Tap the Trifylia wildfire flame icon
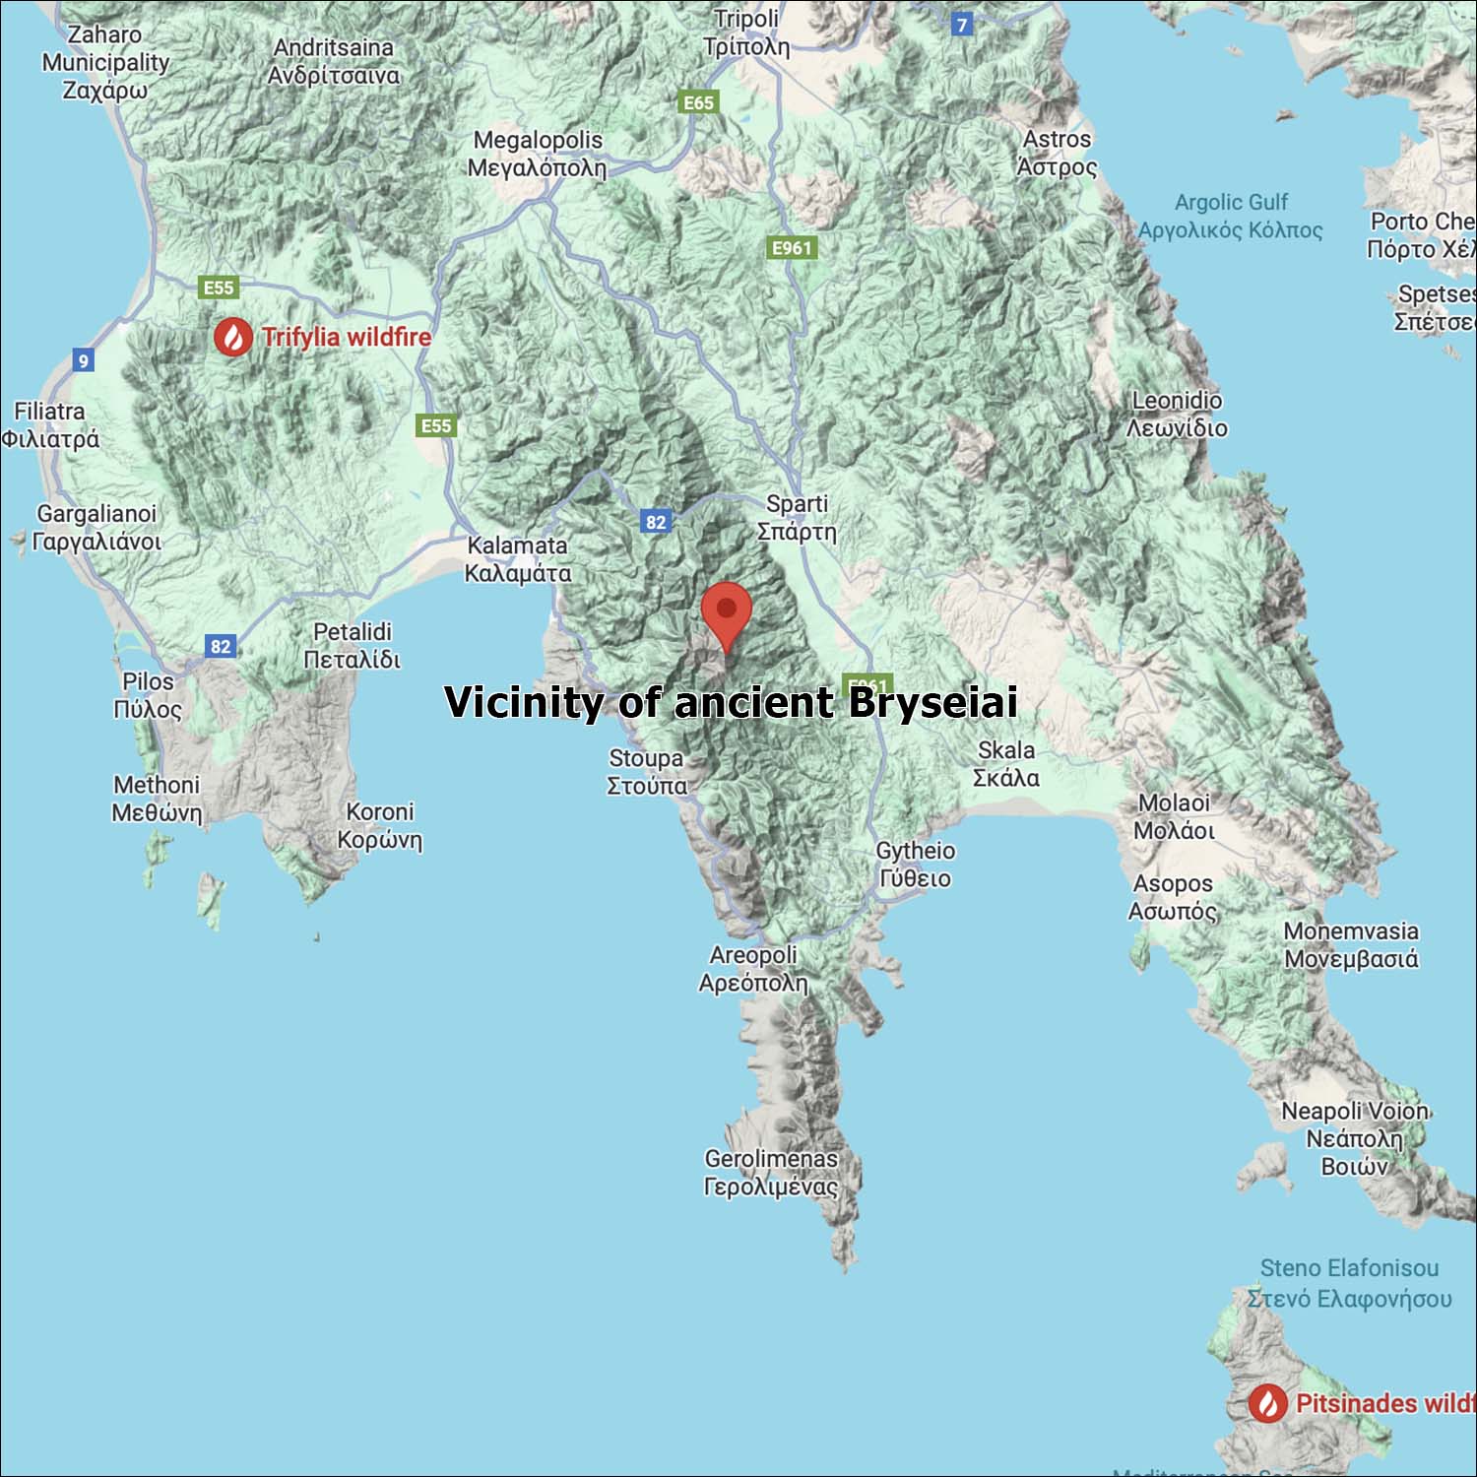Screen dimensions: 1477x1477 coord(233,337)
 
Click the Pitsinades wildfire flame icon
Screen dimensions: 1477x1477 coord(1267,1403)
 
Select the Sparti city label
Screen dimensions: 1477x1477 coord(797,518)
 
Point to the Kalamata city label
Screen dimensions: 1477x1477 coord(518,559)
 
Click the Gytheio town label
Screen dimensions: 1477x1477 coord(915,865)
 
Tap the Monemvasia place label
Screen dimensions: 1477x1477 coord(1351,944)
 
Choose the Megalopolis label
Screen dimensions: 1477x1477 coord(538,154)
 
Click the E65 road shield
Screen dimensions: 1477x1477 coord(698,102)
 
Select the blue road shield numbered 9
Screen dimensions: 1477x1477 coord(84,360)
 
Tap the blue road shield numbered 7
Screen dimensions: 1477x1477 coord(962,25)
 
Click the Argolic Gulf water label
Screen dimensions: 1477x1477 coord(1231,216)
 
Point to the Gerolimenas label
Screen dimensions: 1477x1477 coord(771,1173)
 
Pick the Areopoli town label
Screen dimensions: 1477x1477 coord(753,969)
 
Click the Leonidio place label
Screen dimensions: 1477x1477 coord(1177,414)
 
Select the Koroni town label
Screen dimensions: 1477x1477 coord(380,825)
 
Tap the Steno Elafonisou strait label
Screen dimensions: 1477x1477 coord(1349,1283)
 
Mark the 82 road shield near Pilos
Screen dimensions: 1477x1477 coord(221,646)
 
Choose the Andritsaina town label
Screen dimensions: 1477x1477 coord(334,61)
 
